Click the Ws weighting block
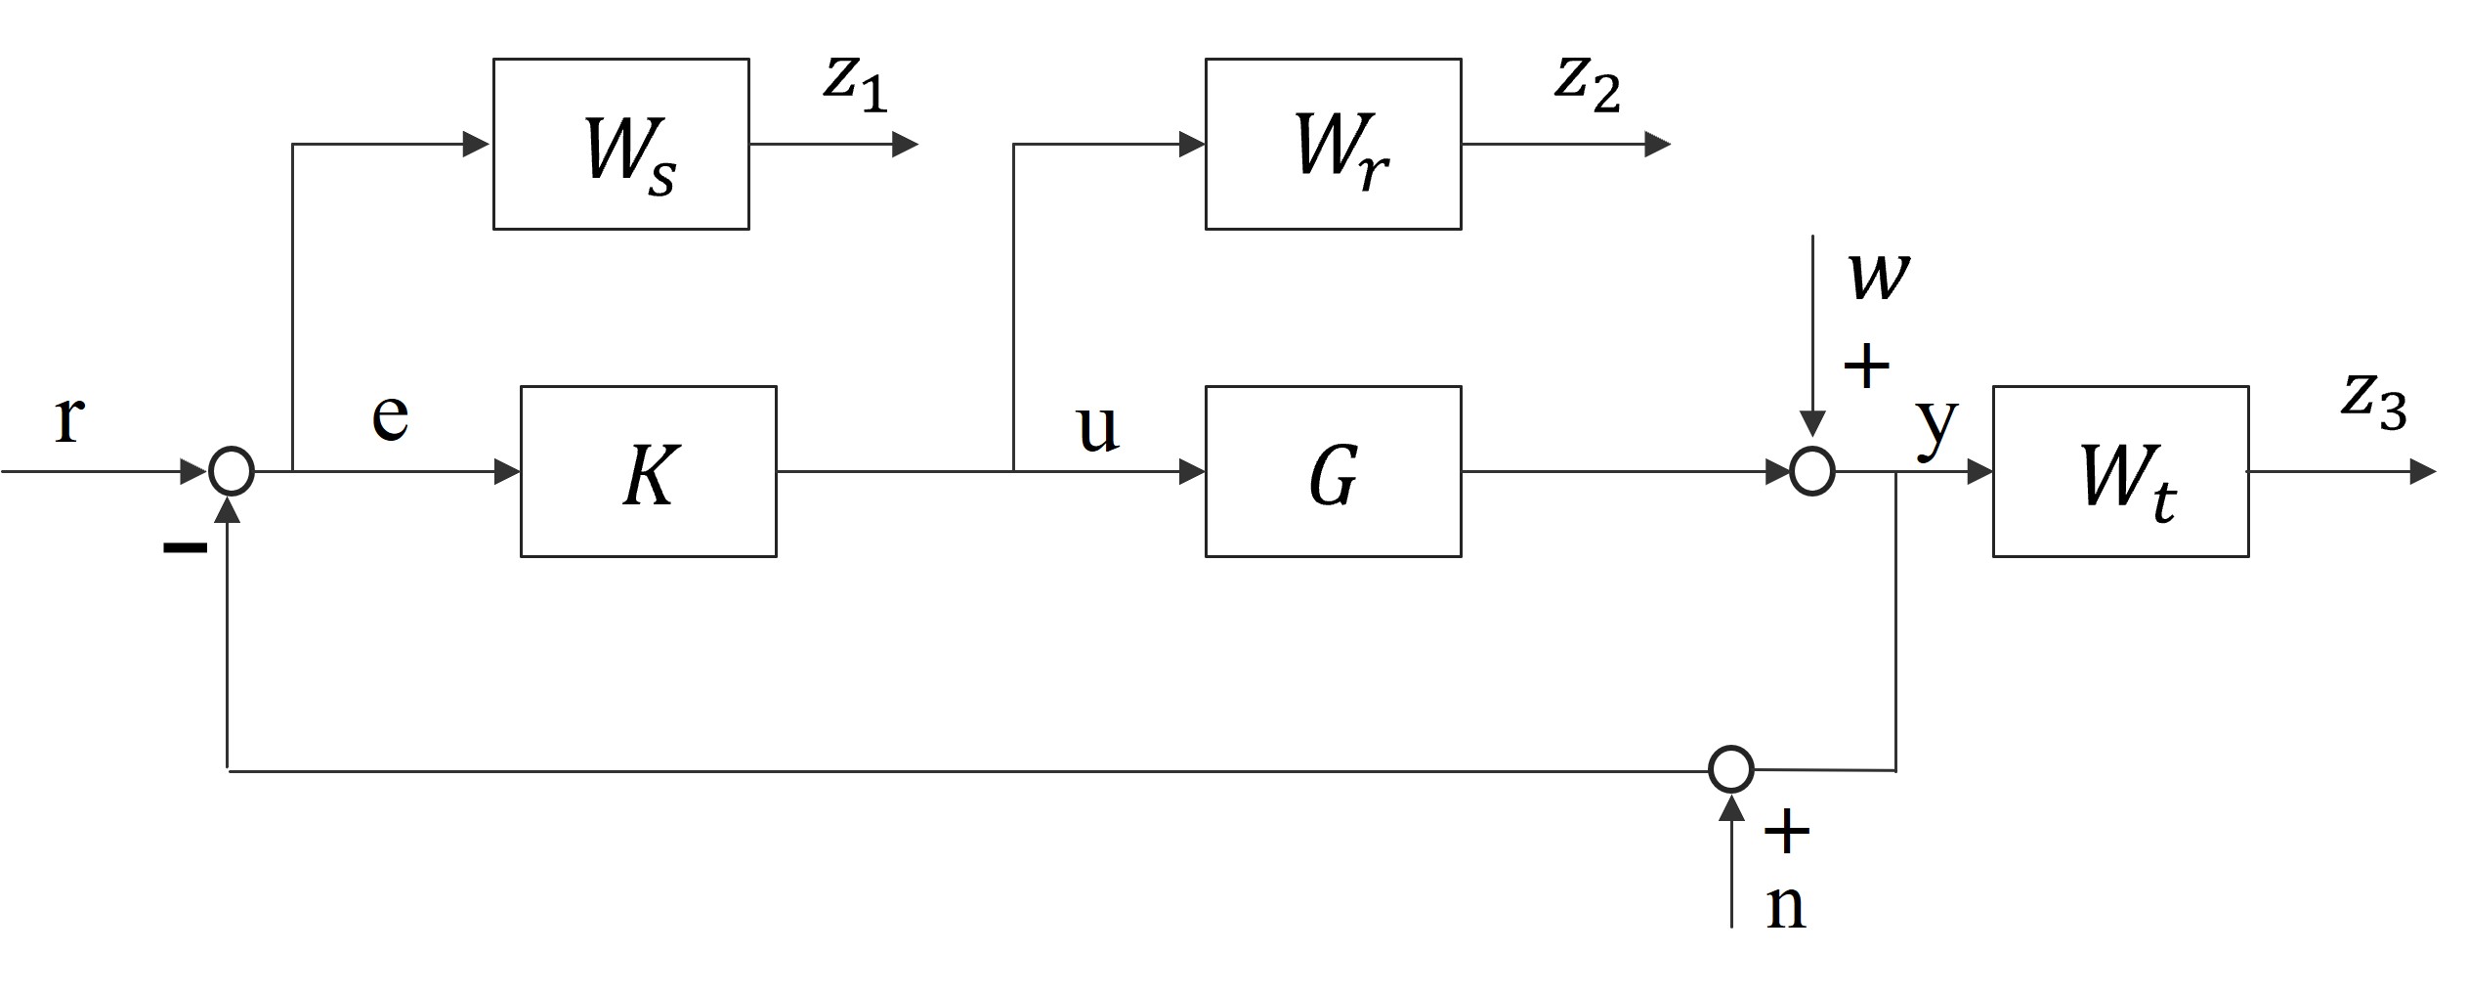coord(620,144)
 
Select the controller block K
coord(648,471)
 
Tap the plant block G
coord(1333,471)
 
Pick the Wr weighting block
coord(1333,144)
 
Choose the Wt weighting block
coord(2120,471)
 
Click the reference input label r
coord(68,418)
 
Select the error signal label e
coord(390,415)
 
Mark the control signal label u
coord(1096,427)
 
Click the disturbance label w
coord(1878,276)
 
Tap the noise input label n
coord(1785,905)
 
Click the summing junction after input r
coord(232,471)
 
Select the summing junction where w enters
coord(1811,471)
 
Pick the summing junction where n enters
coord(1730,769)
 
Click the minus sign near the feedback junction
coord(185,547)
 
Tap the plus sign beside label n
coord(1786,832)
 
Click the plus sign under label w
coord(1866,368)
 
